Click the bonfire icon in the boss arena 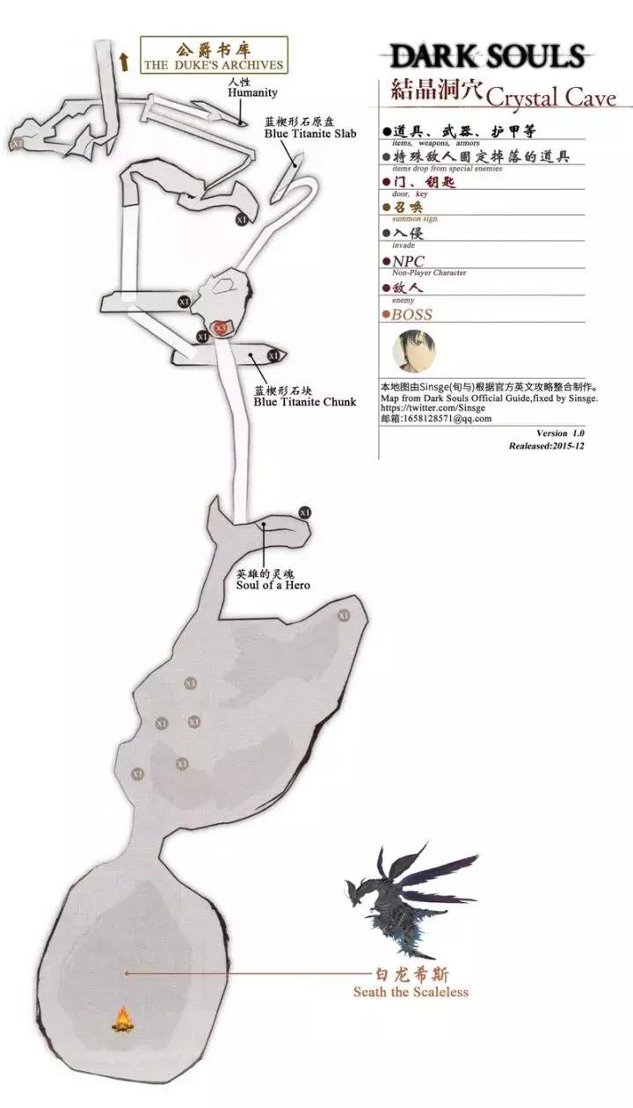click(x=123, y=1019)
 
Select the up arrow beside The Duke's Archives click(x=124, y=60)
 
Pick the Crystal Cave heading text click(x=551, y=96)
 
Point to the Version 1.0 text click(x=560, y=434)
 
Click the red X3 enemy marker click(x=221, y=327)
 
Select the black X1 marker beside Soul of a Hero click(x=305, y=512)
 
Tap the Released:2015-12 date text click(x=546, y=446)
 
